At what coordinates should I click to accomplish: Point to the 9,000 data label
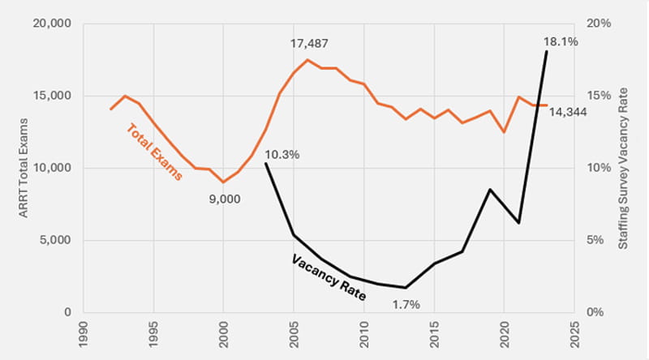coord(225,199)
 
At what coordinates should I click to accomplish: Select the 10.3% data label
coord(282,154)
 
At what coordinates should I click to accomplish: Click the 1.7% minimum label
coord(406,305)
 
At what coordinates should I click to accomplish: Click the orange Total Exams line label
coord(153,152)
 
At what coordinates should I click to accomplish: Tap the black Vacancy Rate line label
coord(328,277)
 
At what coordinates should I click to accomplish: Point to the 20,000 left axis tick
coord(50,24)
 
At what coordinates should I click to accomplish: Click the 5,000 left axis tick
coord(54,240)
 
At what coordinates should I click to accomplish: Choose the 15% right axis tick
coord(600,96)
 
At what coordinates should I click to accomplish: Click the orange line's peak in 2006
coord(307,59)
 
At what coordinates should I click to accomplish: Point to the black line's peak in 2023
coord(546,51)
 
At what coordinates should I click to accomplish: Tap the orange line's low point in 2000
coord(223,182)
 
